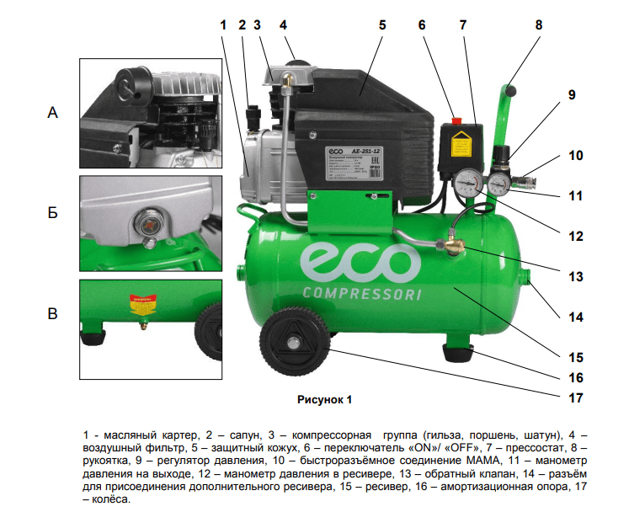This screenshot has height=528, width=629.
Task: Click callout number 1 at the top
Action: click(224, 25)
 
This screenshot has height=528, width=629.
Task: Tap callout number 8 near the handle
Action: click(539, 25)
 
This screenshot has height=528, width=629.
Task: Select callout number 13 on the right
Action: click(574, 275)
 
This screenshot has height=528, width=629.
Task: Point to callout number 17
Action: click(574, 397)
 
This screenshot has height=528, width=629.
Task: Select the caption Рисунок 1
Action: click(324, 397)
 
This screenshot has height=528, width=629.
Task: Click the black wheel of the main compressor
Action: click(295, 345)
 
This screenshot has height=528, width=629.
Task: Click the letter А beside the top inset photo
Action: click(52, 113)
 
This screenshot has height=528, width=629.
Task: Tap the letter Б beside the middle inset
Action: click(52, 214)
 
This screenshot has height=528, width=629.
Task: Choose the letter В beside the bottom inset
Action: click(52, 315)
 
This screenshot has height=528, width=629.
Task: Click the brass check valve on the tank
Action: click(450, 248)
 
